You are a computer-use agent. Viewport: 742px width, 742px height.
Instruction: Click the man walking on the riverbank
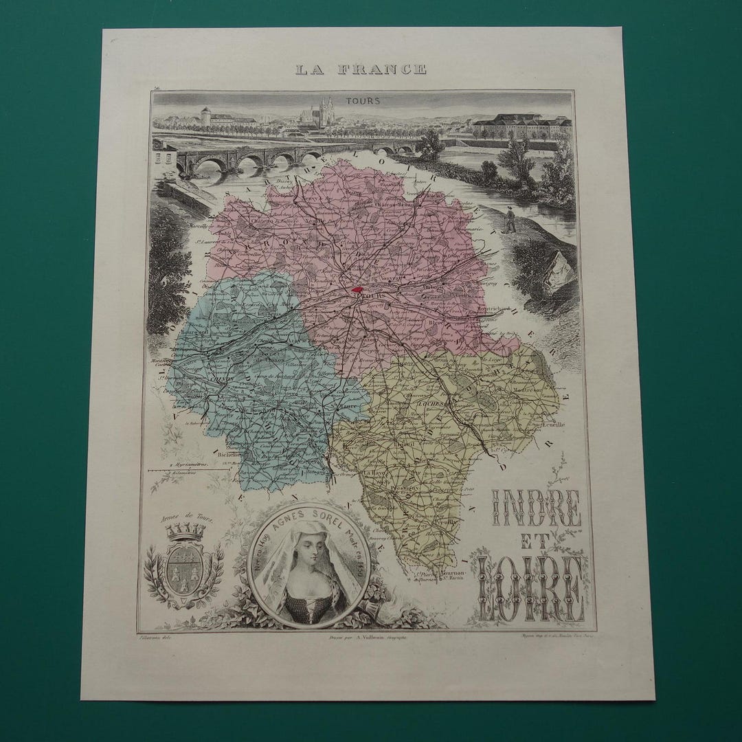pyautogui.click(x=509, y=218)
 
